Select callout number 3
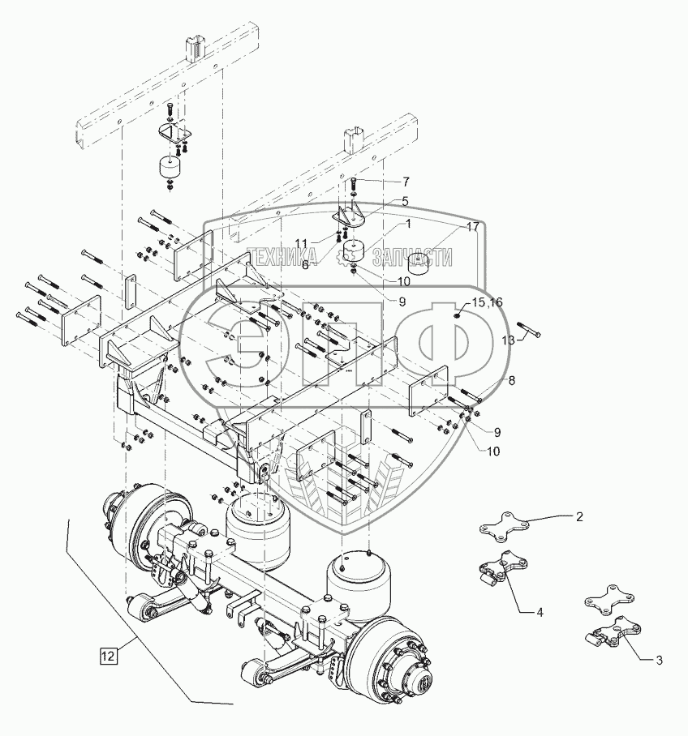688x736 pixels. pyautogui.click(x=659, y=661)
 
